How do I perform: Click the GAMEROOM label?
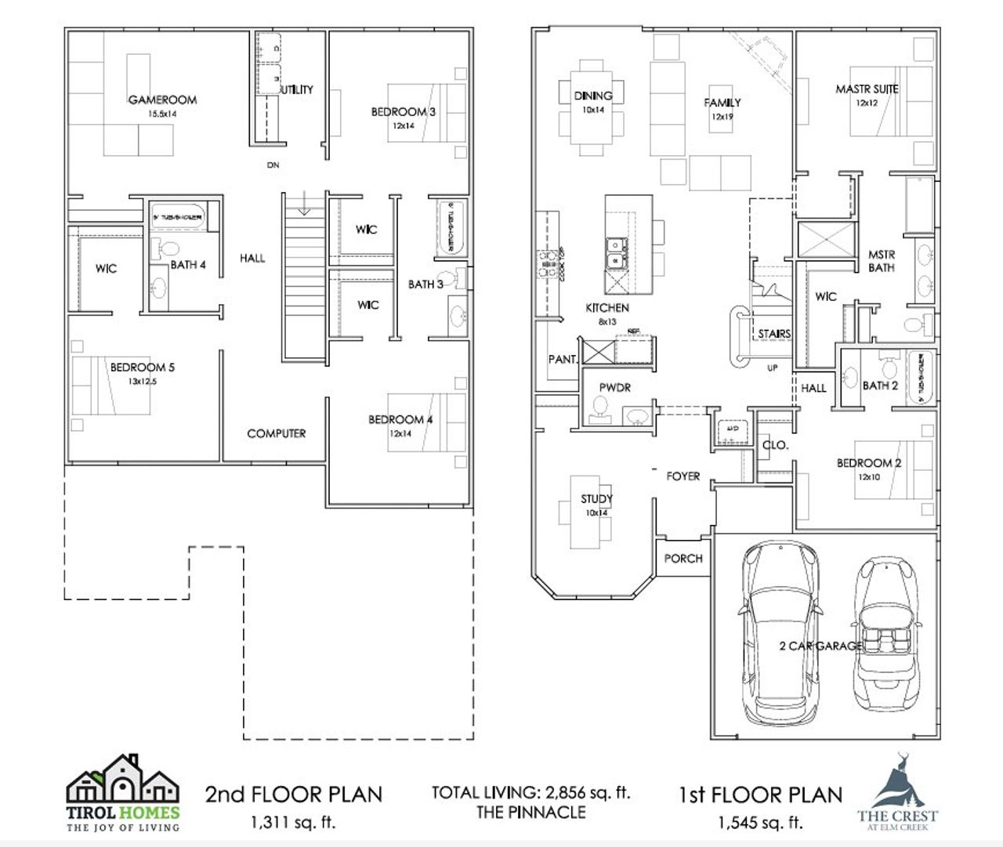162,100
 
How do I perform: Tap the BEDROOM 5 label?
142,367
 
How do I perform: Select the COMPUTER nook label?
276,433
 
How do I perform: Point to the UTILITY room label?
297,90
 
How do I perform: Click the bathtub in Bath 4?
178,215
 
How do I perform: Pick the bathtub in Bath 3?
450,227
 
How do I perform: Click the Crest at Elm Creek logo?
896,791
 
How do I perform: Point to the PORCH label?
683,559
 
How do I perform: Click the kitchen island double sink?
617,252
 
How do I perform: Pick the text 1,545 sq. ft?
760,823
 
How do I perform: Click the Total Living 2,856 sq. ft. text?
530,792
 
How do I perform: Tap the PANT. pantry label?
563,360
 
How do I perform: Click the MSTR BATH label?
881,261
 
